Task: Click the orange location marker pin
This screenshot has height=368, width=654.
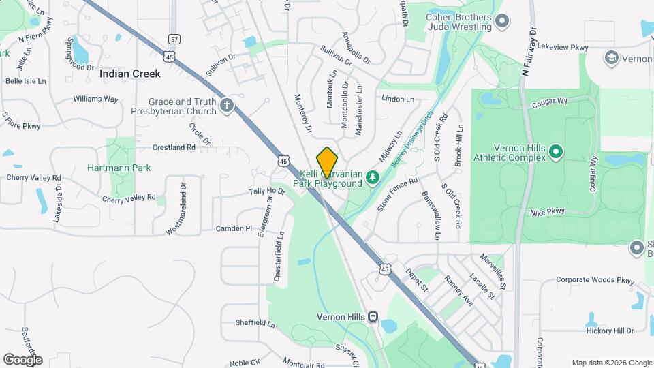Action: (x=328, y=162)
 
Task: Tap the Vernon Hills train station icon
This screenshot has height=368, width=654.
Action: (x=373, y=317)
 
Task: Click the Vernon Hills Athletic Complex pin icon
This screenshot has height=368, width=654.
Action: (x=556, y=151)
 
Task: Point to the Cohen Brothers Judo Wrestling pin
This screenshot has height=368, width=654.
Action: (x=503, y=21)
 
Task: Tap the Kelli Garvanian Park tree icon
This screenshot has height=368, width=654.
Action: (x=372, y=178)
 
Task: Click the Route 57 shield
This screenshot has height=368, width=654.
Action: (x=175, y=39)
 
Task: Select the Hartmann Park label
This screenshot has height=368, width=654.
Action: (x=119, y=168)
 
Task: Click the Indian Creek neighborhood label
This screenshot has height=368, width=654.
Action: (x=129, y=74)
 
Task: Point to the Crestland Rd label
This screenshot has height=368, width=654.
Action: (x=174, y=147)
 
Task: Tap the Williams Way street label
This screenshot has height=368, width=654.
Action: (x=95, y=99)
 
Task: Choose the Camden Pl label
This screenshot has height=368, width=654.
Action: (x=234, y=228)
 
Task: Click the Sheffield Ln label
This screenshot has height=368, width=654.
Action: (x=254, y=322)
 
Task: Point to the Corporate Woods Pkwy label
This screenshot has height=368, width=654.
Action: (x=595, y=279)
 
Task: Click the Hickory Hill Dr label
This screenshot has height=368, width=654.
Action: (x=610, y=331)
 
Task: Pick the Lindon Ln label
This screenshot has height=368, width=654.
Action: (x=398, y=99)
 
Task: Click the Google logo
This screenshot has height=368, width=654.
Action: (x=22, y=359)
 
